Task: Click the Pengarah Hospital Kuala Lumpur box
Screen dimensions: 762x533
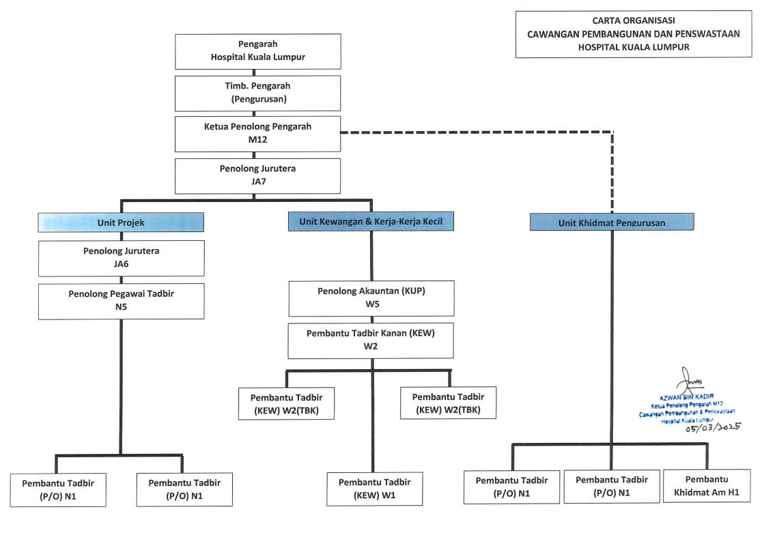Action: [x=257, y=51]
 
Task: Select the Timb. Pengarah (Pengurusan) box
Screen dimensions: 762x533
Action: [x=257, y=93]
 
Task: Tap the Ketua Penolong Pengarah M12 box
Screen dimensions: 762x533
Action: [x=257, y=134]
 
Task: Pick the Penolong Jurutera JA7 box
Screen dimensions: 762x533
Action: [x=257, y=175]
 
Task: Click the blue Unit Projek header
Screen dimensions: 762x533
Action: [x=121, y=222]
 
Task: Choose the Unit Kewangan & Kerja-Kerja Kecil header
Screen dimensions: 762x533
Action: [x=371, y=221]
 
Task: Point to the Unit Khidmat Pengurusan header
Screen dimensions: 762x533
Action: [x=612, y=222]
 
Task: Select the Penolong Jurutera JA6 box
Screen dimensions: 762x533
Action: [x=121, y=258]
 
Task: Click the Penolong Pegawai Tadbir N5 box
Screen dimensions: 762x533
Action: [x=121, y=301]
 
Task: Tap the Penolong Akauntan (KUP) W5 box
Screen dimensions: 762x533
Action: [x=371, y=298]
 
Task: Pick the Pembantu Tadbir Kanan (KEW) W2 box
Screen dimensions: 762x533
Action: [x=371, y=341]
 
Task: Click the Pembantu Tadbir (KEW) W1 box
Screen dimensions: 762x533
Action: [x=374, y=489]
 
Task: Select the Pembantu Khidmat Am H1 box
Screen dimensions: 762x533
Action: [x=707, y=486]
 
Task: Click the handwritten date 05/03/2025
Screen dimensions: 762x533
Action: [x=714, y=428]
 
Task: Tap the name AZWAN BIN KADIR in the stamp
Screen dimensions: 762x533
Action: [x=687, y=397]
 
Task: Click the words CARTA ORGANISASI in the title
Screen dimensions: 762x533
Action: [x=633, y=20]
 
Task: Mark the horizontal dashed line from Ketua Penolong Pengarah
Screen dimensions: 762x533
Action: [x=477, y=132]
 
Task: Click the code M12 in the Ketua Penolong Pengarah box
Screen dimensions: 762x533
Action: [x=257, y=140]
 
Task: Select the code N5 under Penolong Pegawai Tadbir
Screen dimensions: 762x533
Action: [x=121, y=307]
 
